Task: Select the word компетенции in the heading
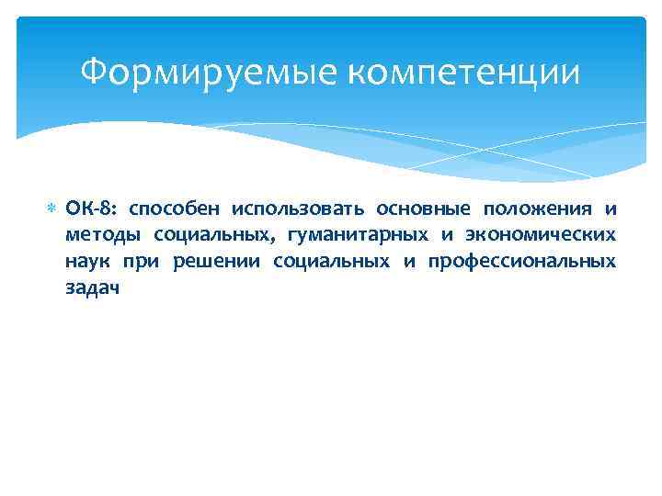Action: point(452,72)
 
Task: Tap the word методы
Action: point(97,236)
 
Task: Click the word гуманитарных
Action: point(359,236)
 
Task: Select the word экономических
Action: point(543,236)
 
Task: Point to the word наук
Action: point(87,262)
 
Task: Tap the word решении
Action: point(215,262)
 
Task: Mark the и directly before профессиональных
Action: point(409,262)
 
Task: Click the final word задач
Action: point(92,287)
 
